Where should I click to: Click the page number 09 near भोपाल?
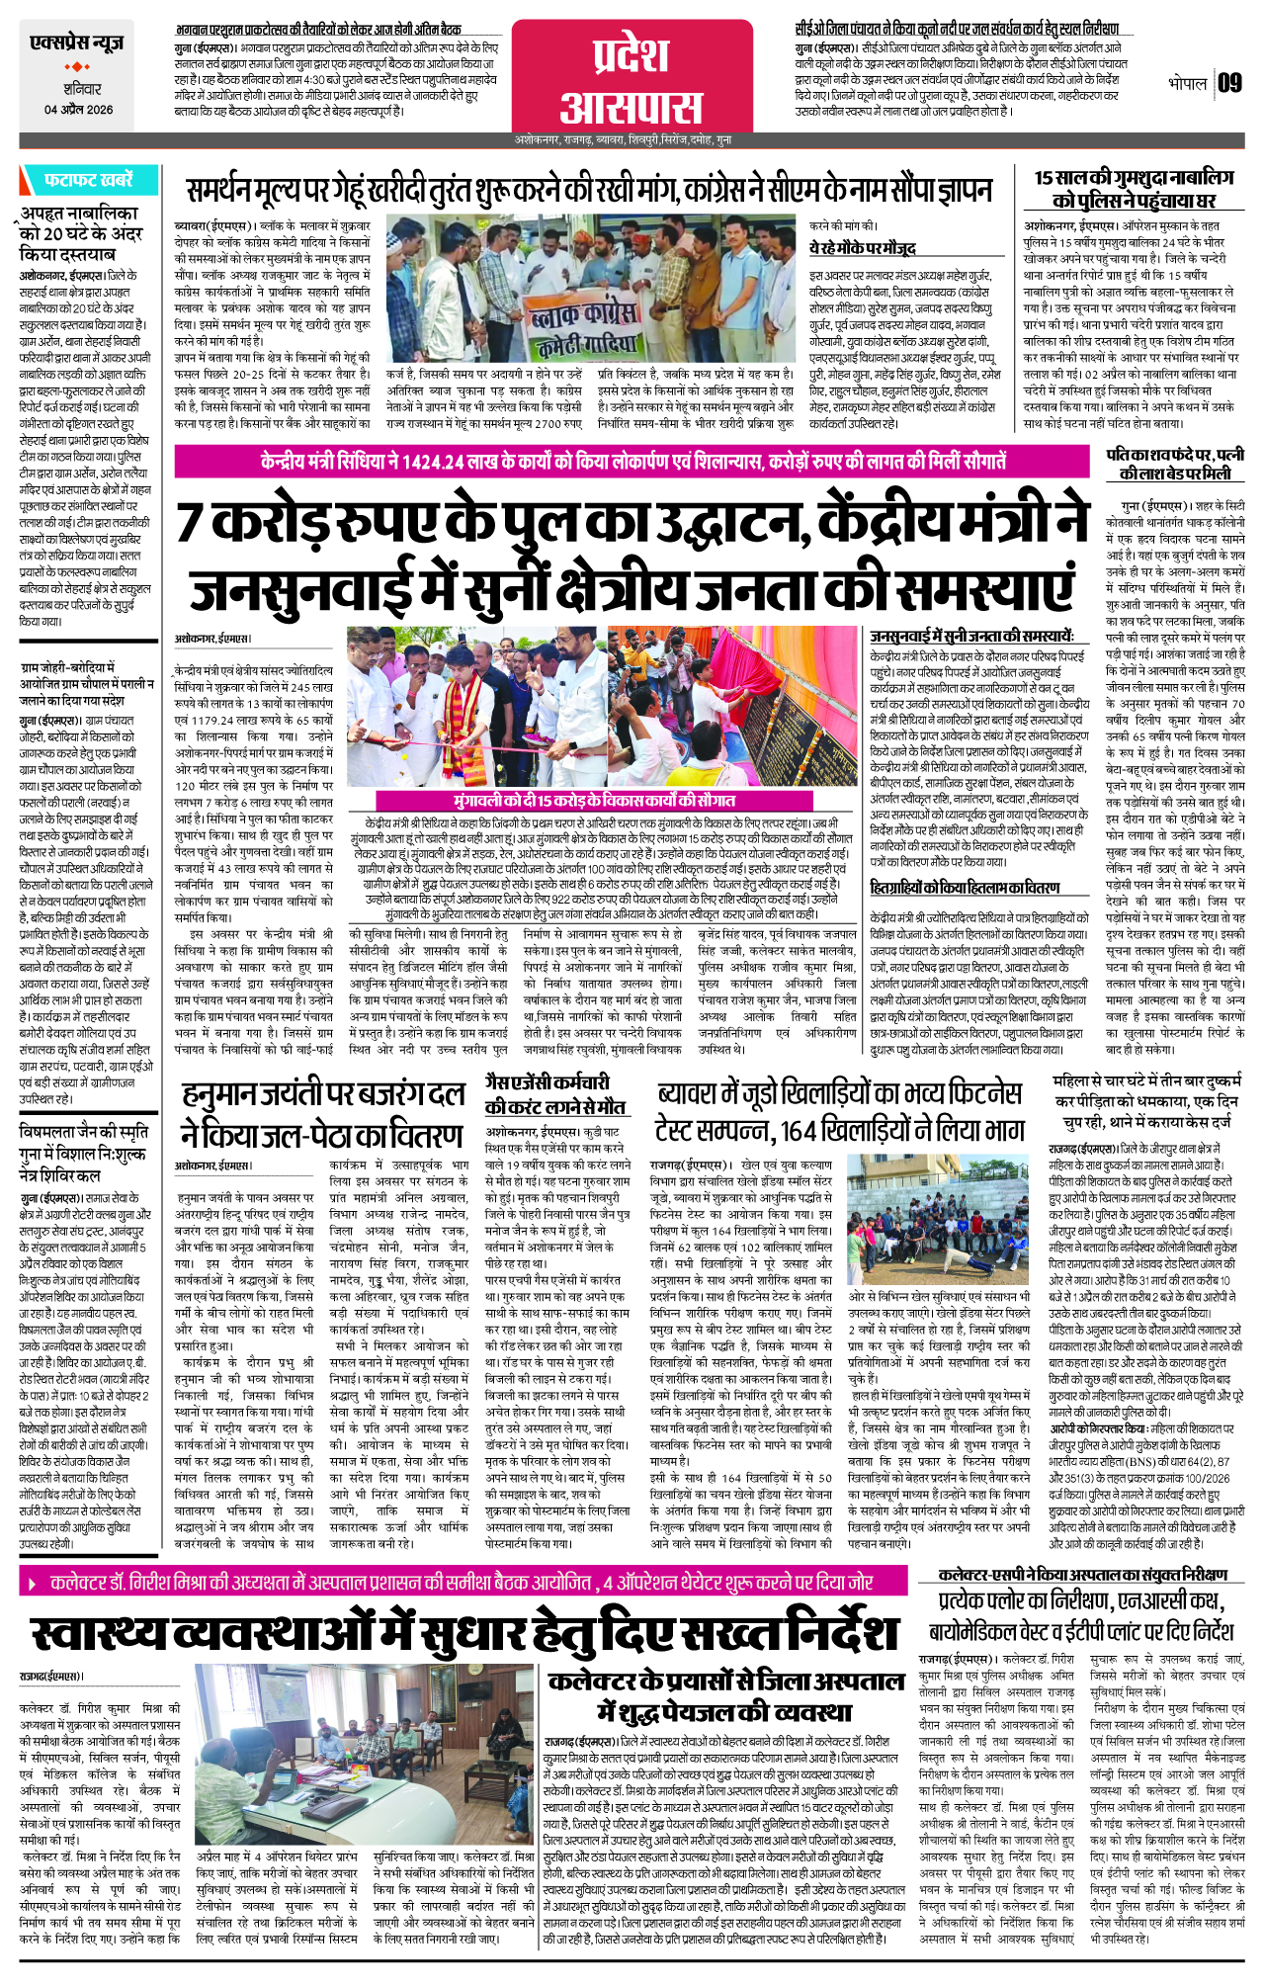pyautogui.click(x=1229, y=83)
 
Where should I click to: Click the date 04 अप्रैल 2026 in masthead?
pyautogui.click(x=78, y=110)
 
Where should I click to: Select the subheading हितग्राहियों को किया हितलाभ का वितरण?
pyautogui.click(x=965, y=889)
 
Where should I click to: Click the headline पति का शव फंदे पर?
pyautogui.click(x=1174, y=464)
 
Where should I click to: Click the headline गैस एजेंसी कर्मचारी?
pyautogui.click(x=547, y=1082)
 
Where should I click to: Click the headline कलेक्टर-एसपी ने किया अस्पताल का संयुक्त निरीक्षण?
pyautogui.click(x=1082, y=1574)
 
